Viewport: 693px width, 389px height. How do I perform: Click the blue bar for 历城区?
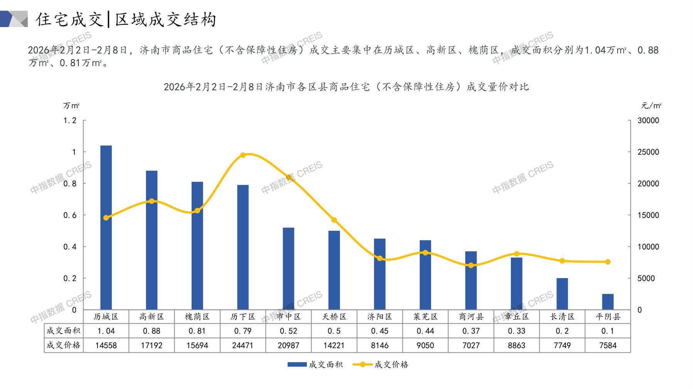(106, 227)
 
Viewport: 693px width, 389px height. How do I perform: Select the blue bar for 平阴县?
(607, 302)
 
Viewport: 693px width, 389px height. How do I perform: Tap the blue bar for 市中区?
(288, 268)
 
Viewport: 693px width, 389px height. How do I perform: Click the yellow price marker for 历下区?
(243, 155)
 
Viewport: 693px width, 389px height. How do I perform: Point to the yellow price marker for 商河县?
(471, 265)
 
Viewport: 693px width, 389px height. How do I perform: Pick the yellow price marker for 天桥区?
(334, 220)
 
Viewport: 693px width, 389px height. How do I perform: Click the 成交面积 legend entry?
(315, 364)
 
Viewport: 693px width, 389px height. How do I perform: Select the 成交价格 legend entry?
(381, 364)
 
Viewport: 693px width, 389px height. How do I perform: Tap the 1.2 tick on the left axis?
(70, 121)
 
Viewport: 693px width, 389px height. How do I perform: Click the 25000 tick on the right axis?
(648, 152)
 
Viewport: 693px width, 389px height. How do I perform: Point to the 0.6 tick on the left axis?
(70, 215)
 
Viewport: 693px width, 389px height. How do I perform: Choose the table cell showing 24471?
(243, 345)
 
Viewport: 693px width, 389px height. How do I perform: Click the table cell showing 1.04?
(106, 331)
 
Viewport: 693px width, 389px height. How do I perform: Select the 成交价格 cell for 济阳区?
(380, 345)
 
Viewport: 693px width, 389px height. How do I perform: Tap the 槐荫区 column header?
(197, 317)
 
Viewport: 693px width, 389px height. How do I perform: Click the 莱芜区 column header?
(425, 317)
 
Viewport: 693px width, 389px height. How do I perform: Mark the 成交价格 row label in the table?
(64, 345)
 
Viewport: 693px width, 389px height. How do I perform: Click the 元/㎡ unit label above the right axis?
(651, 106)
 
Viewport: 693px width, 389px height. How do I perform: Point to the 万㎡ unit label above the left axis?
(71, 106)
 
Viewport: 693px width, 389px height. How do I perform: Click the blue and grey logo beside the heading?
(14, 19)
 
